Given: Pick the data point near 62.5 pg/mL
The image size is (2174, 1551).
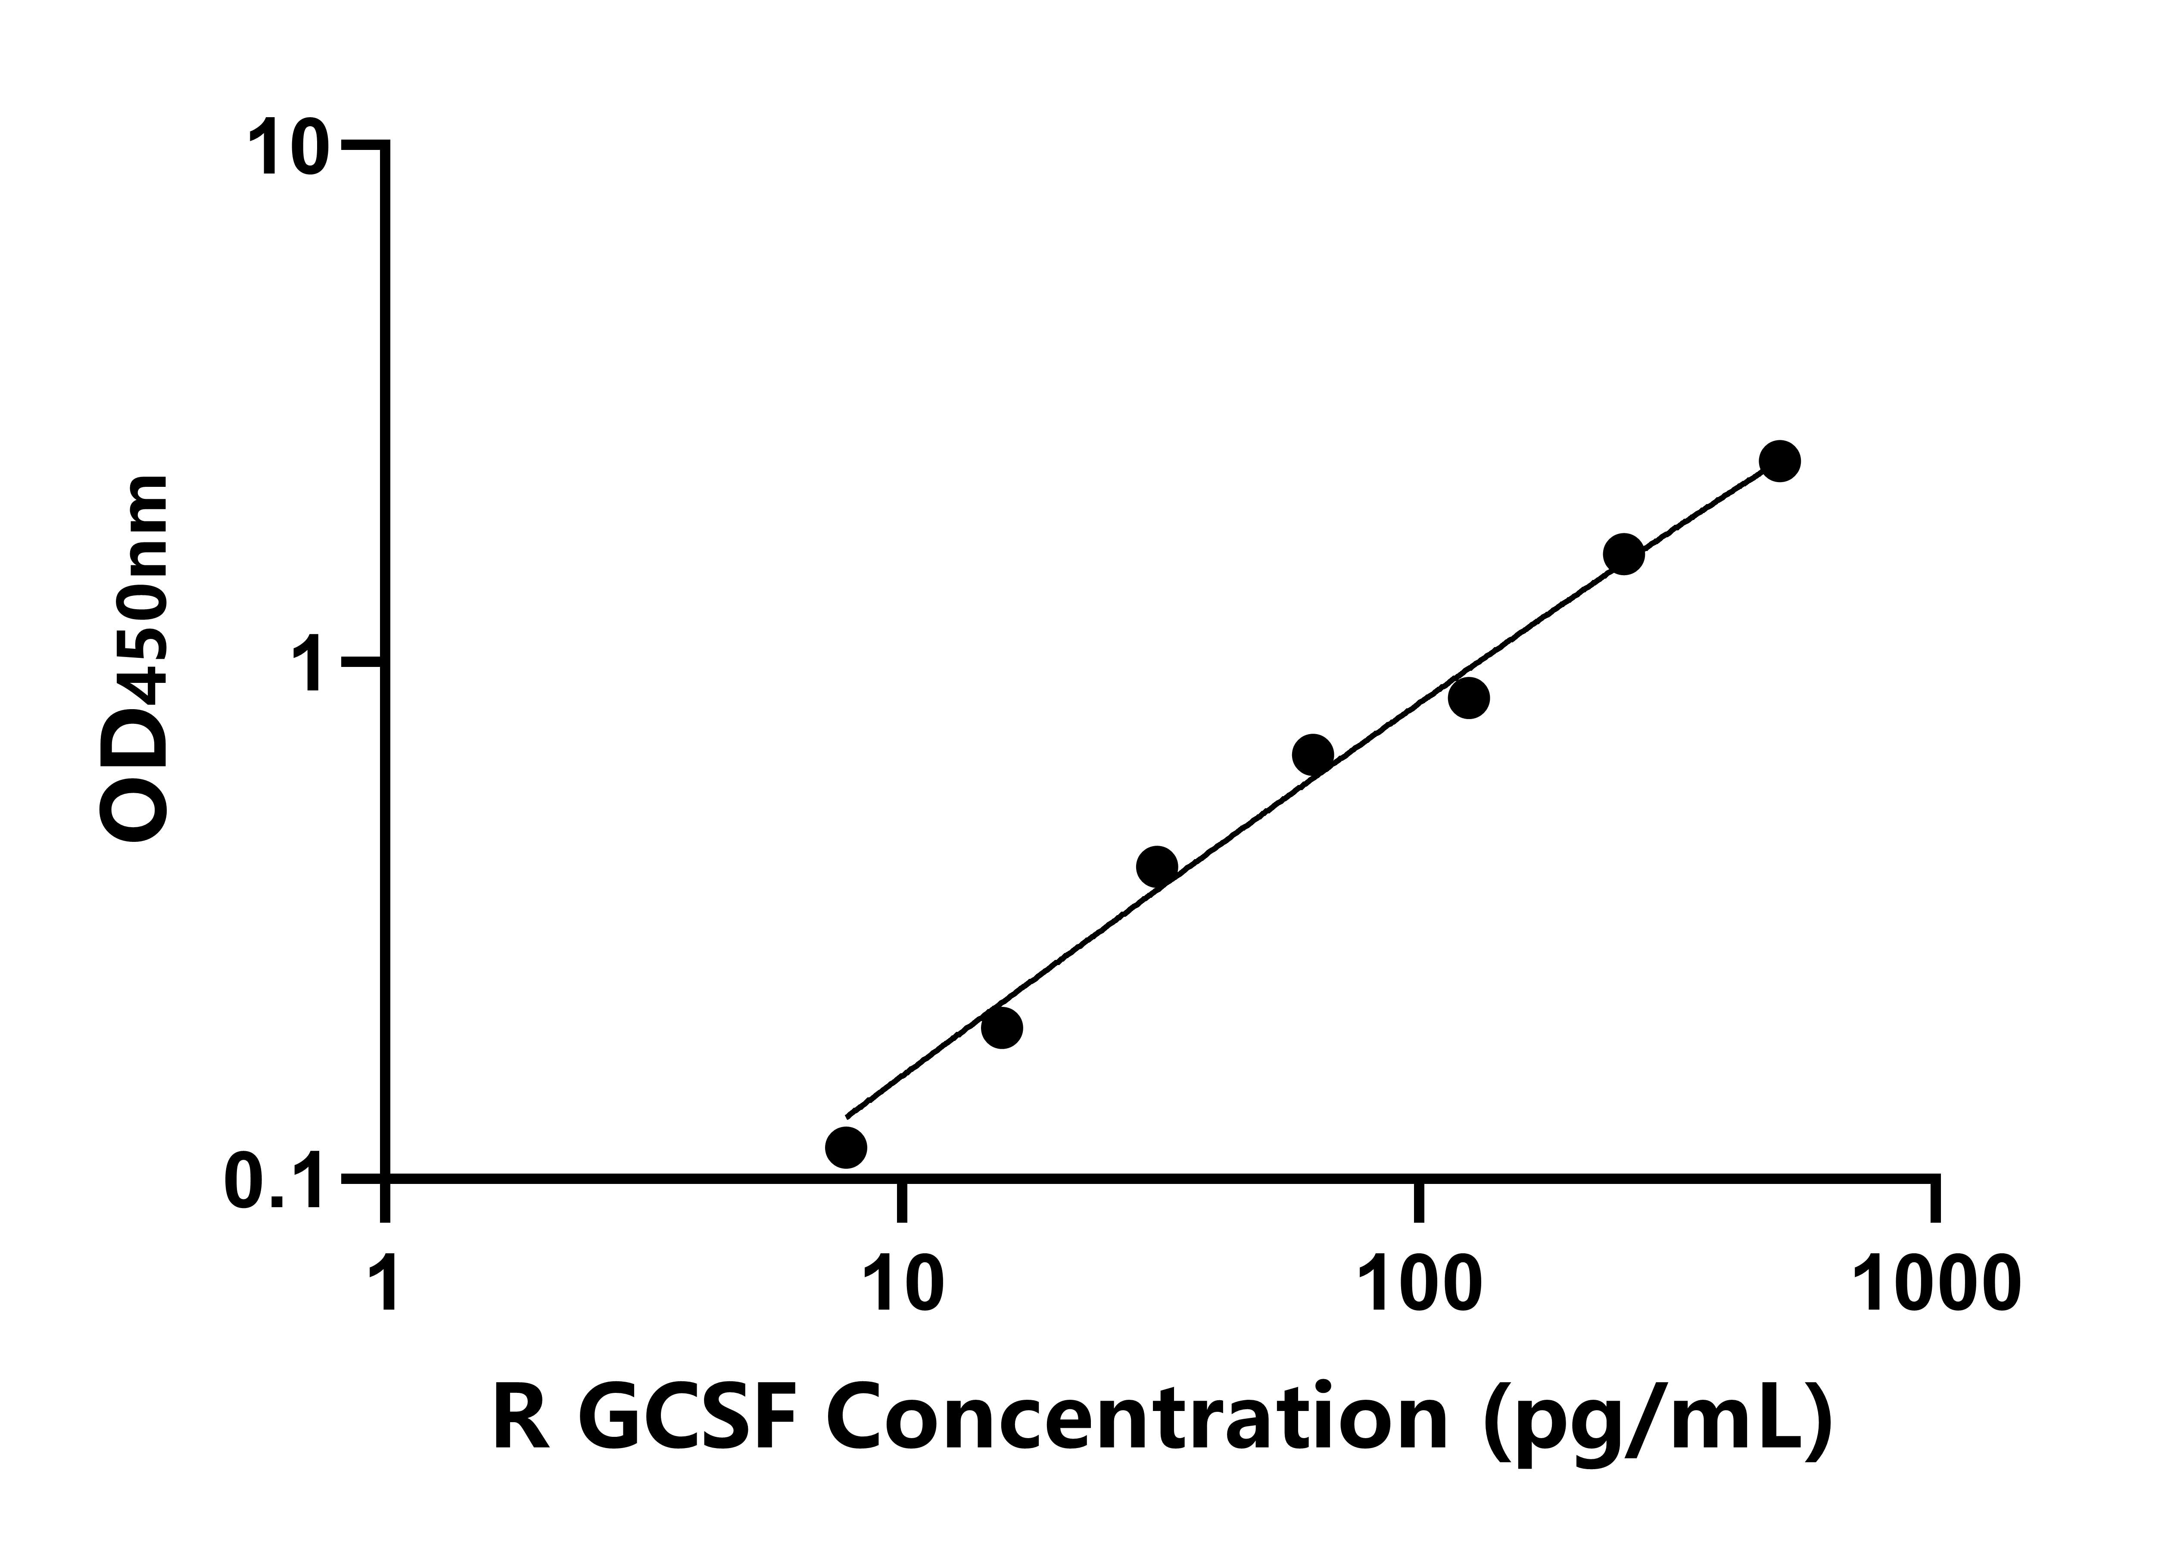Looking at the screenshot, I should pyautogui.click(x=1313, y=754).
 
